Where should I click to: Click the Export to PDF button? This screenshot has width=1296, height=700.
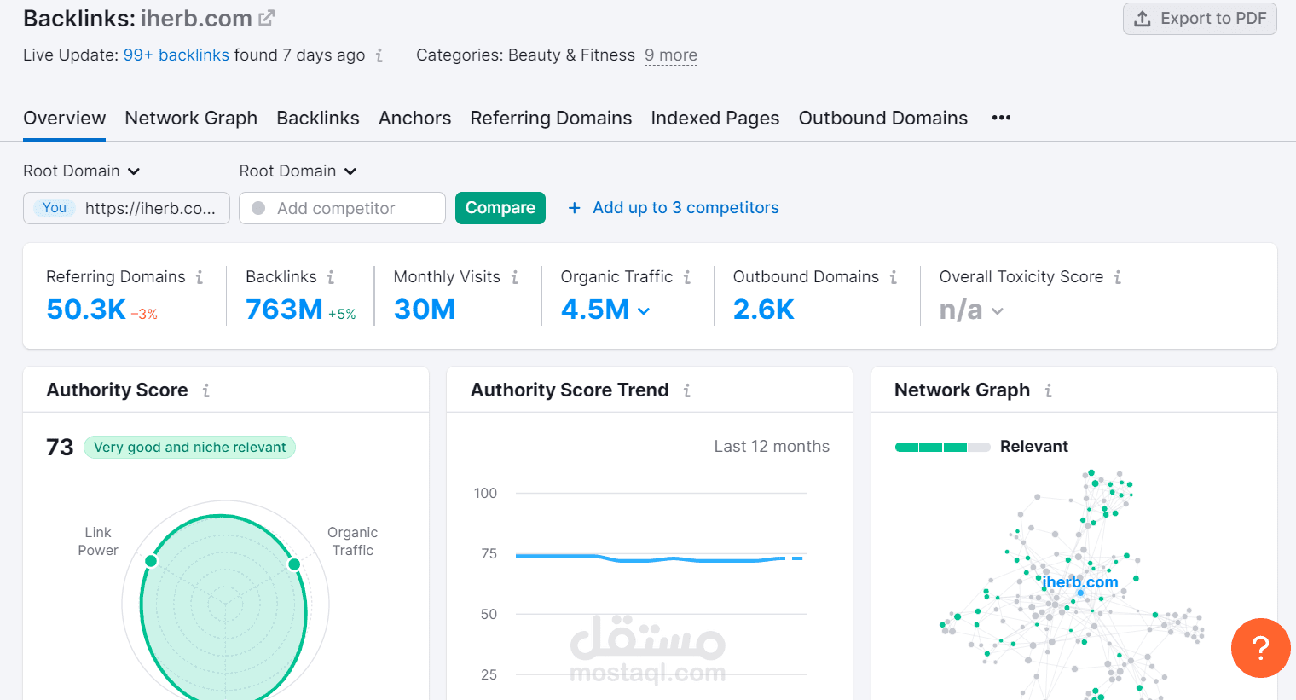(1200, 19)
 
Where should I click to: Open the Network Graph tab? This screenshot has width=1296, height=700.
(191, 119)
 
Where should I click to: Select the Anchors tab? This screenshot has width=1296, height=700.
(414, 119)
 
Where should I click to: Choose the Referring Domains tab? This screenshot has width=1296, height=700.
(551, 119)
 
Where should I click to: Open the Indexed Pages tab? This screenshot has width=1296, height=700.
(715, 119)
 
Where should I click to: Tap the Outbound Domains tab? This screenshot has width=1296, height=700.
(882, 119)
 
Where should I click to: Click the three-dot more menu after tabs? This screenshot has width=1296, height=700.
(1001, 118)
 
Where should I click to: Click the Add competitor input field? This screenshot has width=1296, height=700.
(342, 208)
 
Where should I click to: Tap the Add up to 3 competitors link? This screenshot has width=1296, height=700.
(674, 208)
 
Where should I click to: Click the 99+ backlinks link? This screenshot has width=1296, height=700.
(176, 55)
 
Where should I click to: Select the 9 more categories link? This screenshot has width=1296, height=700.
(670, 55)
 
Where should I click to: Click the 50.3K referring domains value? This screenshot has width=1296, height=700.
(86, 310)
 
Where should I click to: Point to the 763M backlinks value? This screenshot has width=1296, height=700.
(284, 310)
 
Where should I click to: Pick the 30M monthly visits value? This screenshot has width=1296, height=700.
(424, 310)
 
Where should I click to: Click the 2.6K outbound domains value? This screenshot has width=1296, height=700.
(763, 310)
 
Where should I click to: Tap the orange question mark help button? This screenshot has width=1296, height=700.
(1260, 648)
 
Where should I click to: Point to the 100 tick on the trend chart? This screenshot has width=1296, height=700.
(485, 493)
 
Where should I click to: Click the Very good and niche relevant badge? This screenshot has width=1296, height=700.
(189, 448)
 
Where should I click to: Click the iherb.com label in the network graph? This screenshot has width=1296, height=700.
(1079, 582)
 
